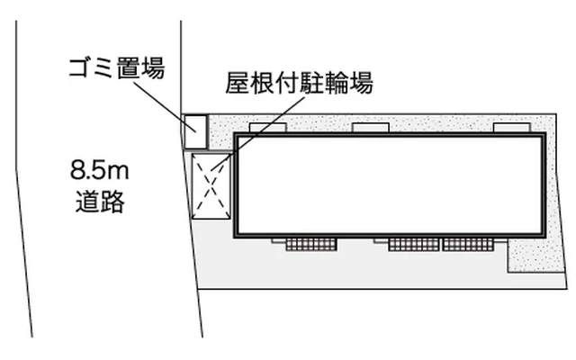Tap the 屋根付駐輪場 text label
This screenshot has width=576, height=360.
click(299, 85)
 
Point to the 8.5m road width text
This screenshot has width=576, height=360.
click(99, 168)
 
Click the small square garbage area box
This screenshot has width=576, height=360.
click(194, 131)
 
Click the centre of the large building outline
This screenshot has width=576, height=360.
click(390, 184)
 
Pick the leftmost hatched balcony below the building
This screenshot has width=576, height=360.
click(311, 243)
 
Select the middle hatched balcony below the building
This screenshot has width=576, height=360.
click(414, 243)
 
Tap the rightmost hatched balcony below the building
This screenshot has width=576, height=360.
click(467, 243)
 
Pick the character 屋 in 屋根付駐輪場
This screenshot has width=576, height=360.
click(237, 85)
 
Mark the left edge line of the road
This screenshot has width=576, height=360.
click(23, 180)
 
